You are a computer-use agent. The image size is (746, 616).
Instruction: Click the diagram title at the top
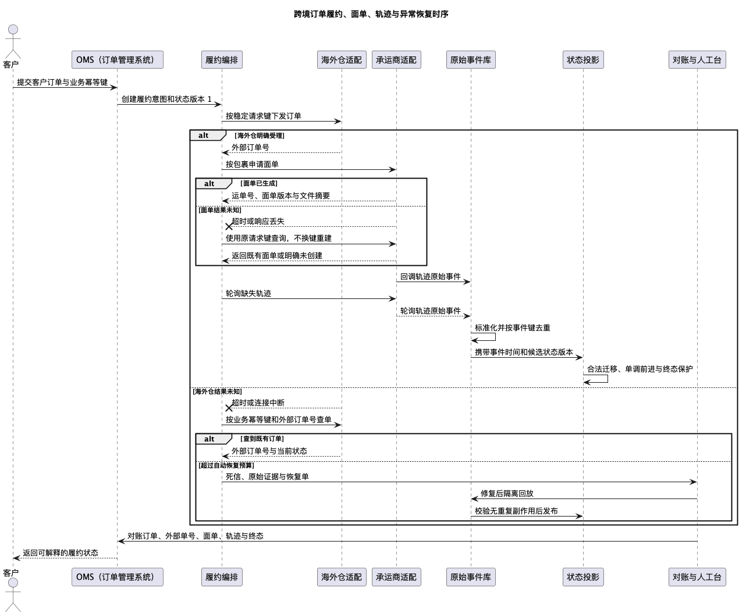[371, 14]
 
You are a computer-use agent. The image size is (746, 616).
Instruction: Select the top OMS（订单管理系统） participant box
[117, 60]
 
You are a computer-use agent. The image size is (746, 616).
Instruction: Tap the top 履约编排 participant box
[222, 60]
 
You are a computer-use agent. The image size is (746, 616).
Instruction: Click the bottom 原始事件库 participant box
[471, 576]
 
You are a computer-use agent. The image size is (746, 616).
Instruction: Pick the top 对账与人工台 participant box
[697, 60]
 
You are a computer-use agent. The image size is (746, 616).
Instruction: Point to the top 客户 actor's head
[13, 29]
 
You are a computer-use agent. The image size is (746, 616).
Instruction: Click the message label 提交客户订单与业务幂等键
[62, 82]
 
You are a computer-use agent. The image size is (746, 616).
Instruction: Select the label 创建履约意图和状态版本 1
[166, 99]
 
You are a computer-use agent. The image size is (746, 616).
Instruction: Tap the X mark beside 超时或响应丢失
[229, 226]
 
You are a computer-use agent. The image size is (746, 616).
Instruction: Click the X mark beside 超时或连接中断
[229, 408]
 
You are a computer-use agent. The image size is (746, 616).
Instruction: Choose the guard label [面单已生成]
[259, 183]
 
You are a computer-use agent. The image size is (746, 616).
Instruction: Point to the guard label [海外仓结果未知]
[217, 391]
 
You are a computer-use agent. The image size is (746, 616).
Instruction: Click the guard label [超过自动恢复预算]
[226, 465]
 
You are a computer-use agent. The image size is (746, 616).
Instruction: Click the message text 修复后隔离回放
[507, 493]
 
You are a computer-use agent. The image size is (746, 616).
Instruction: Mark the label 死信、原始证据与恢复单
[267, 477]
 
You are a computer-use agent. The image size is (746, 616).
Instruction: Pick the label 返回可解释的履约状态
[61, 553]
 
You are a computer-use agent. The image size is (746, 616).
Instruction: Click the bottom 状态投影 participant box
[583, 576]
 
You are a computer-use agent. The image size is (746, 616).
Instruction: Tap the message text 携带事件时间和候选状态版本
[524, 352]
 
